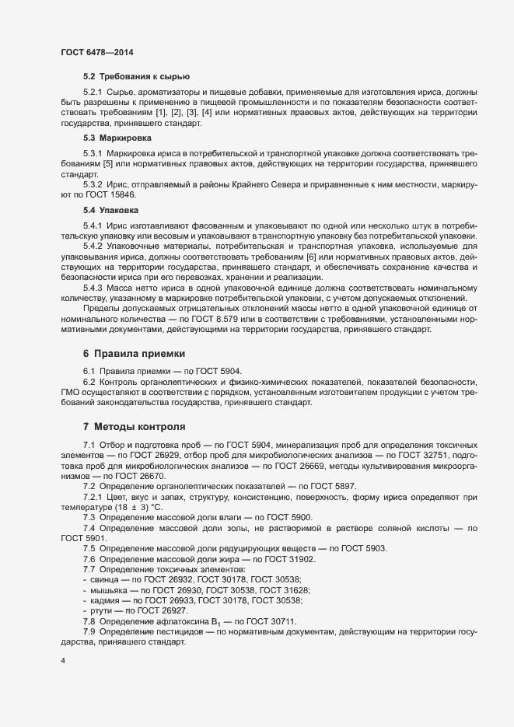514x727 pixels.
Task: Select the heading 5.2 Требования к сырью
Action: click(137, 76)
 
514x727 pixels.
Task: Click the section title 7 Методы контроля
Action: click(134, 427)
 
